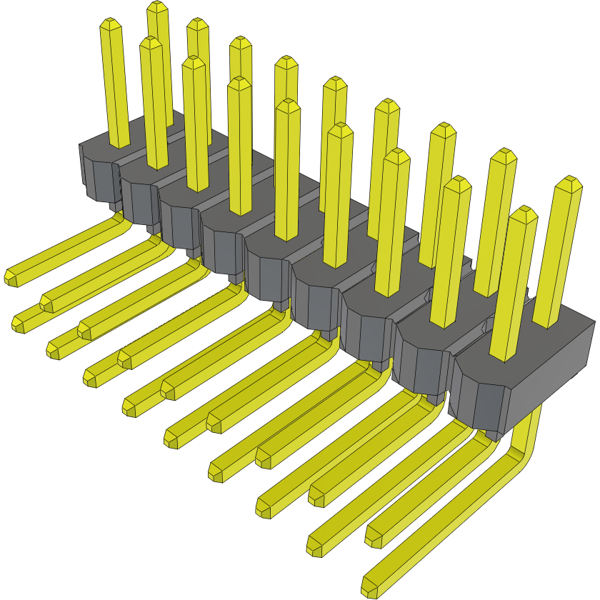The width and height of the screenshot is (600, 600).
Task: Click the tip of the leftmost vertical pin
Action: (x=111, y=25)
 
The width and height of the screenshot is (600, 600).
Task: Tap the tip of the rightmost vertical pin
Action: (x=569, y=183)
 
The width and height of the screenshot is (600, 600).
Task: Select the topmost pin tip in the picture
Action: (x=157, y=8)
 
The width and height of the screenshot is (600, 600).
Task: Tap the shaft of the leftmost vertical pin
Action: (x=116, y=86)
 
